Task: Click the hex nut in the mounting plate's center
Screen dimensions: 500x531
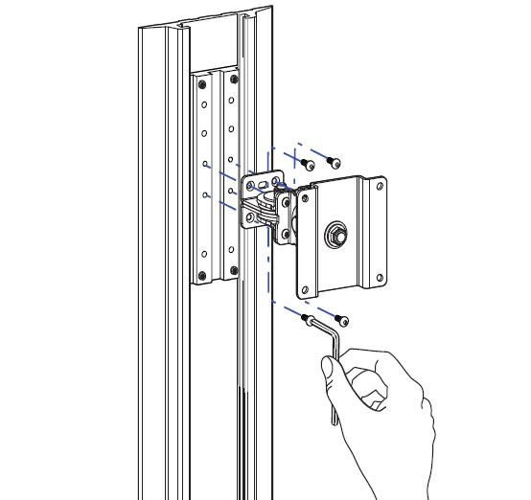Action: (337, 233)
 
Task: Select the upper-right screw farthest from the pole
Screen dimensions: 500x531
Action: (334, 161)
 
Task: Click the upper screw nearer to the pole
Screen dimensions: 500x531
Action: (309, 167)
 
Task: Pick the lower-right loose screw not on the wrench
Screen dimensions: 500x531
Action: (342, 320)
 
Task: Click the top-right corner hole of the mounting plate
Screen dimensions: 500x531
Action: (380, 189)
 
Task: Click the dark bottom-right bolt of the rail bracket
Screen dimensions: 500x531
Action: (232, 272)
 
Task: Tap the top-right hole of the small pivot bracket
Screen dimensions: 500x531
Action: (277, 179)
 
